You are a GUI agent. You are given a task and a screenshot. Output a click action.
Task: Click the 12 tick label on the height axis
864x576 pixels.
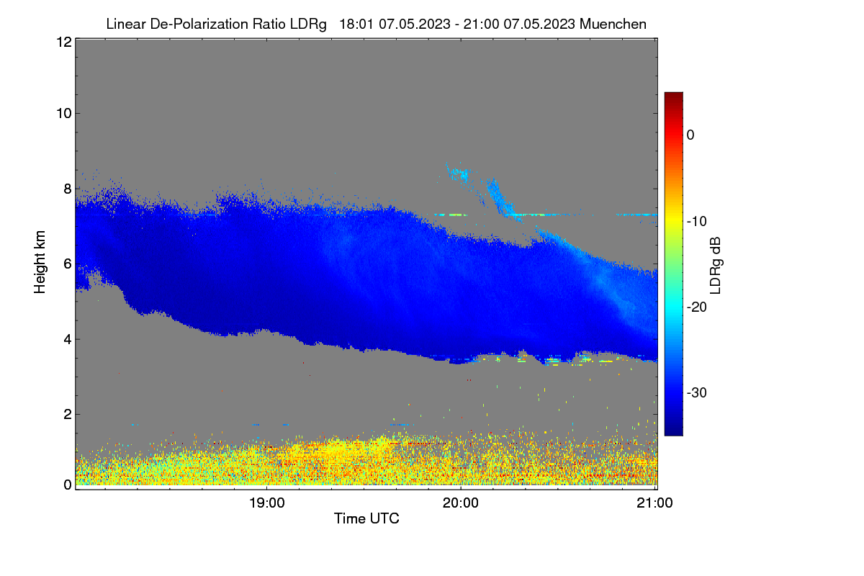(x=64, y=42)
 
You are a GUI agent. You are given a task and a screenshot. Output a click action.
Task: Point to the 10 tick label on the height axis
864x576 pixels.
(x=64, y=114)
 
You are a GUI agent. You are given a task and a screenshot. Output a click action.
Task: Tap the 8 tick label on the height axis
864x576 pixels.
(x=68, y=189)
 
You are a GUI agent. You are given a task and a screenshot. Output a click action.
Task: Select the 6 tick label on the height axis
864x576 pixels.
(x=68, y=264)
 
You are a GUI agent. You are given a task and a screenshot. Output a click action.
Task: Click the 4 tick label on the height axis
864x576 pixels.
(x=68, y=340)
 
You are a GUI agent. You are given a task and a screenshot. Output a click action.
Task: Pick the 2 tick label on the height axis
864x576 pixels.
(x=68, y=414)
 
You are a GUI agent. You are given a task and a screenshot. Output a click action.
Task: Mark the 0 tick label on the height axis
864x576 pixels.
(x=68, y=485)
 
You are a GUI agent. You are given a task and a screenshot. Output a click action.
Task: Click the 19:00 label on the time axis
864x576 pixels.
(x=267, y=503)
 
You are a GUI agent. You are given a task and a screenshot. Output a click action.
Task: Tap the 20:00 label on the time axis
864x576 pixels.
(x=461, y=503)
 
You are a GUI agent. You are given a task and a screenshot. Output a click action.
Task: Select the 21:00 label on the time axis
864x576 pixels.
(x=654, y=503)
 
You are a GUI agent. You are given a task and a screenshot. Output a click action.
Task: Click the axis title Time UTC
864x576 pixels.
(x=366, y=518)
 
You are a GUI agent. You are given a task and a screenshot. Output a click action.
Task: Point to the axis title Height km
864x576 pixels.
(x=40, y=262)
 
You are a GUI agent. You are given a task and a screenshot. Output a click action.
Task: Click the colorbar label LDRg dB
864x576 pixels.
(x=716, y=266)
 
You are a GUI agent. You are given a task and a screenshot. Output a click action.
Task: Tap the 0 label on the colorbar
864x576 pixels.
(x=690, y=135)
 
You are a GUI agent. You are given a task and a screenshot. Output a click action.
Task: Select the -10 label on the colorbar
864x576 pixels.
(x=697, y=222)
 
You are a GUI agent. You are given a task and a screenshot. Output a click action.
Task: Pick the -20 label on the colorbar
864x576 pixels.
(x=697, y=307)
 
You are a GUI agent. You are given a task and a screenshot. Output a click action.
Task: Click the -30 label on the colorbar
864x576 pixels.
(x=697, y=392)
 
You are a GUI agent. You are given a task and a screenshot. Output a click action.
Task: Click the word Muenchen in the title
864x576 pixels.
(x=613, y=24)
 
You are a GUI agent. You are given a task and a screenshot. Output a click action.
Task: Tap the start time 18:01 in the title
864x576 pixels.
(x=356, y=24)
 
